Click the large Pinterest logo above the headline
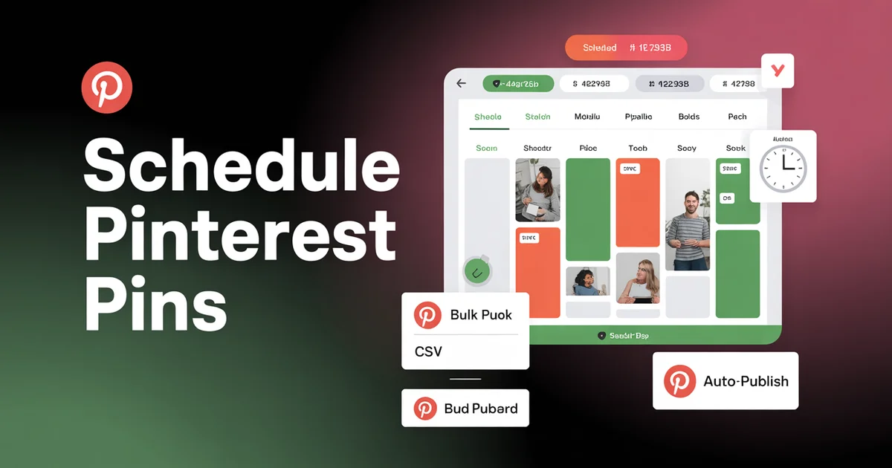point(107,88)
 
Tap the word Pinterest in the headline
point(240,235)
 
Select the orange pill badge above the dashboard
point(626,48)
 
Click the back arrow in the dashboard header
point(461,84)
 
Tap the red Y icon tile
point(778,71)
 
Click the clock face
point(783,169)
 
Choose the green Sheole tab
point(488,117)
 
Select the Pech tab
point(737,117)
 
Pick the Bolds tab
point(689,117)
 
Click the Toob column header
point(638,148)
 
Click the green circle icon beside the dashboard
point(476,272)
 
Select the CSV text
point(428,351)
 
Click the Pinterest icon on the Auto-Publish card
point(679,381)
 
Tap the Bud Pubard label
point(481,409)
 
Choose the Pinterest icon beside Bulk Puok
point(427,315)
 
